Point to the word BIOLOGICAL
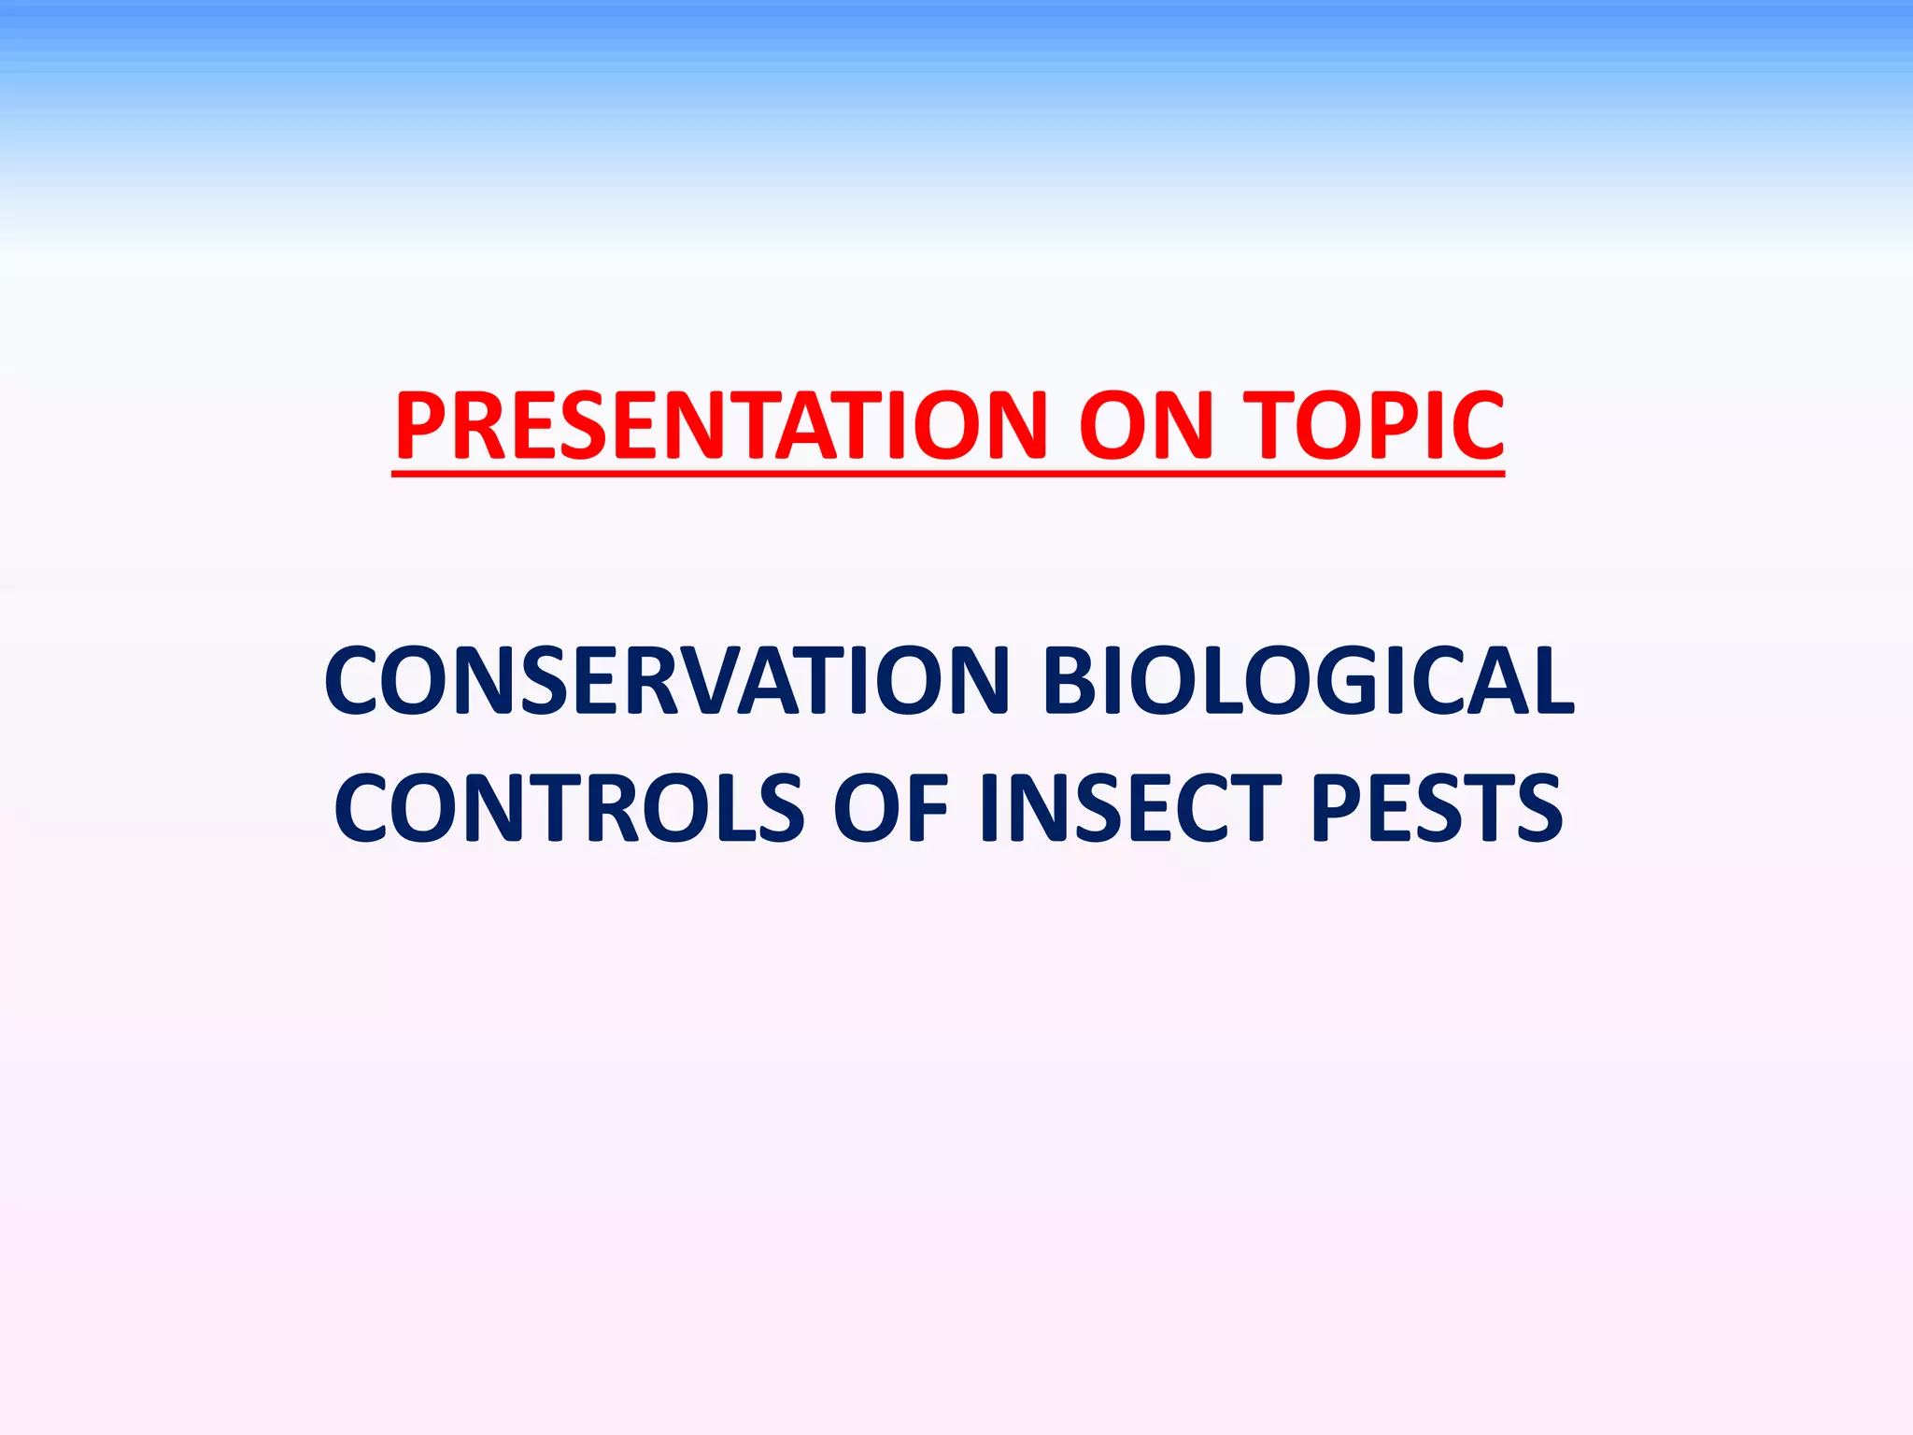point(1308,680)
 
